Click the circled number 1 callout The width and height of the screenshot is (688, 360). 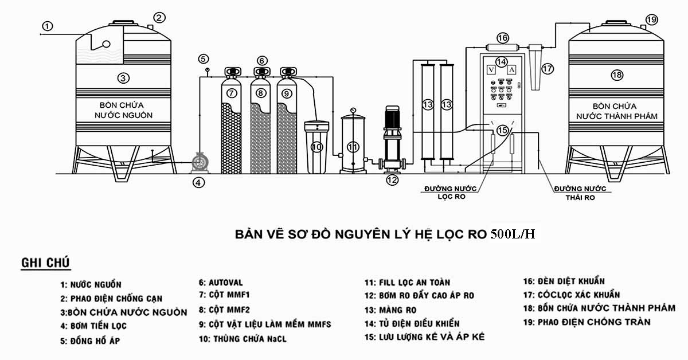(47, 26)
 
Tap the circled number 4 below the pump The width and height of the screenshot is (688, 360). (198, 183)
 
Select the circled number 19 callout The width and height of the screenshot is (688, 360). (651, 19)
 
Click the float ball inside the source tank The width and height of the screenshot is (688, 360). (106, 44)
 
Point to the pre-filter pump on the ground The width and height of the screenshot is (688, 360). (200, 162)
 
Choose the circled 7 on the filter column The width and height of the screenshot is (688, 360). (231, 93)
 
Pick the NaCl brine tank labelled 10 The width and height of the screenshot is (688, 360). (316, 147)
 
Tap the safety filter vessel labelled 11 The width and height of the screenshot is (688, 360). (353, 143)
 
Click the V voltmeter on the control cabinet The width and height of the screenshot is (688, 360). (491, 70)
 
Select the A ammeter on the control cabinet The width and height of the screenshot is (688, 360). (511, 70)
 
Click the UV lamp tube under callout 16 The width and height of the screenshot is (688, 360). (502, 48)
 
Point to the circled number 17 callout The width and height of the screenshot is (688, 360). (547, 68)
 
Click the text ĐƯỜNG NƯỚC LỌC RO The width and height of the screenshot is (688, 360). (451, 193)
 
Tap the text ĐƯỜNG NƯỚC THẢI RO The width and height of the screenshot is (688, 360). (580, 193)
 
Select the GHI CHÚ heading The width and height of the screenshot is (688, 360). (45, 263)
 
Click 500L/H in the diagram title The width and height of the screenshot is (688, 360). (513, 234)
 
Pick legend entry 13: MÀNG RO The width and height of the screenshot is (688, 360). (390, 310)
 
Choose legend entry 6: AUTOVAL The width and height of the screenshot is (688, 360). (221, 283)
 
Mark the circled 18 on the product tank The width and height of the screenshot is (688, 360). (617, 75)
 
